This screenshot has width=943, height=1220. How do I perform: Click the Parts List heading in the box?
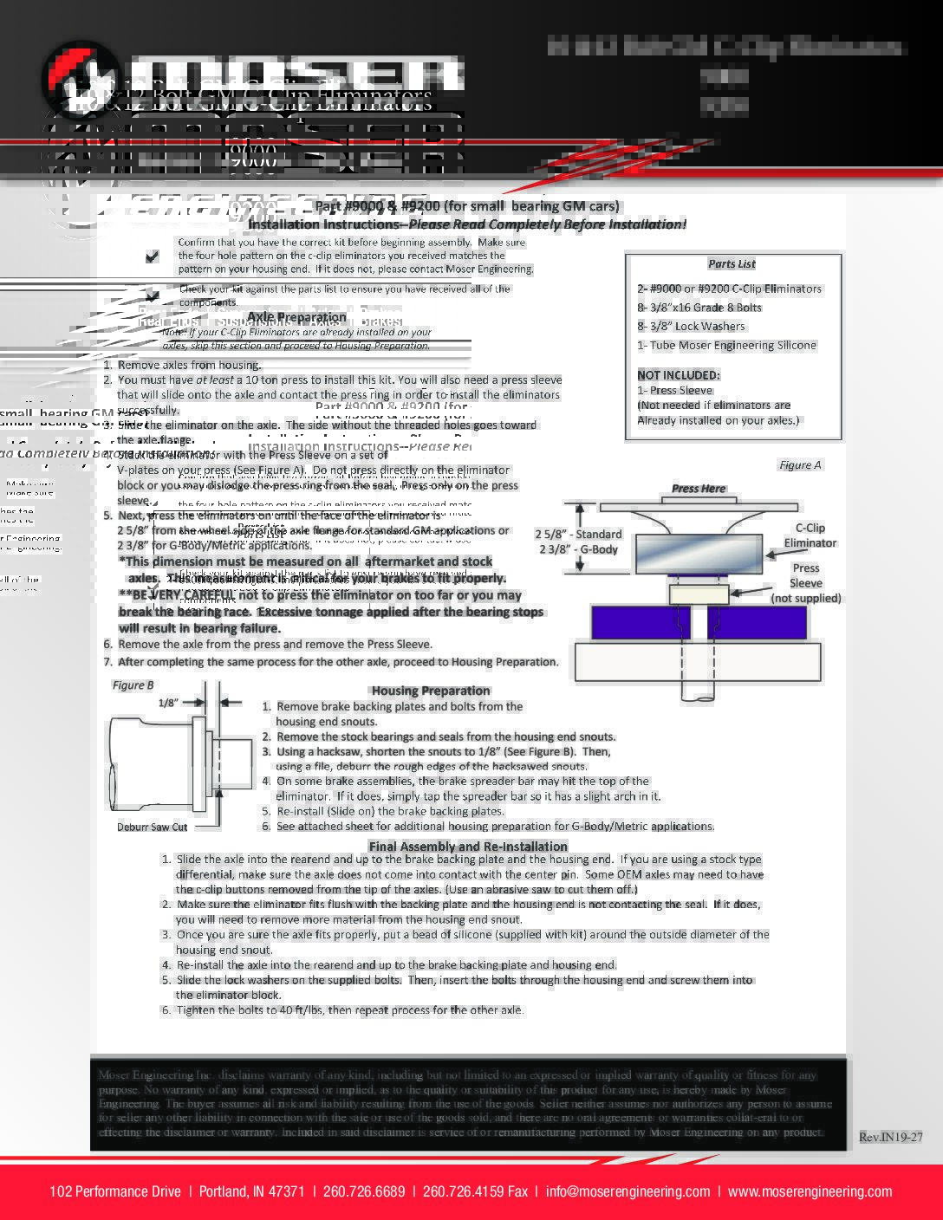point(732,264)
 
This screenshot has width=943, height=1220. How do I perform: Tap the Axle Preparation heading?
point(297,317)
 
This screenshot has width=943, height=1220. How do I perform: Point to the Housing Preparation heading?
point(431,691)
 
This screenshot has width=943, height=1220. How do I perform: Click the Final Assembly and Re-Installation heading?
point(468,846)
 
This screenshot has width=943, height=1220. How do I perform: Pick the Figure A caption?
point(800,465)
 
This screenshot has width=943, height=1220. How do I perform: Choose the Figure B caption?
point(133,685)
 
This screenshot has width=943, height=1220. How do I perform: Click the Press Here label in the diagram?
point(699,489)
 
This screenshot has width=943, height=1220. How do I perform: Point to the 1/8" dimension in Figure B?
point(167,703)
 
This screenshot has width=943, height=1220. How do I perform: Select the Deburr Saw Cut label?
point(153,827)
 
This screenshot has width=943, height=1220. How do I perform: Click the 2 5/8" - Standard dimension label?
point(578,534)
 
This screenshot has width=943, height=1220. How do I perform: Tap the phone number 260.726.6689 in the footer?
point(364,1191)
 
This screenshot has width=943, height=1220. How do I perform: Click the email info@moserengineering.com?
point(628,1191)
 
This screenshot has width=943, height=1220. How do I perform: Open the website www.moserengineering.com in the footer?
point(810,1191)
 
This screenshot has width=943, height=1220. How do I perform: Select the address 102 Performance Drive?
point(115,1191)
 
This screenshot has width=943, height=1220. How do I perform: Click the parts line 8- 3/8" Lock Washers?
point(691,326)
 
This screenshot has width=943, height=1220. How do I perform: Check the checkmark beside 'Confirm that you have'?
point(153,256)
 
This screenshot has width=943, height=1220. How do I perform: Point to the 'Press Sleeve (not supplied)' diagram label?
point(805,583)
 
